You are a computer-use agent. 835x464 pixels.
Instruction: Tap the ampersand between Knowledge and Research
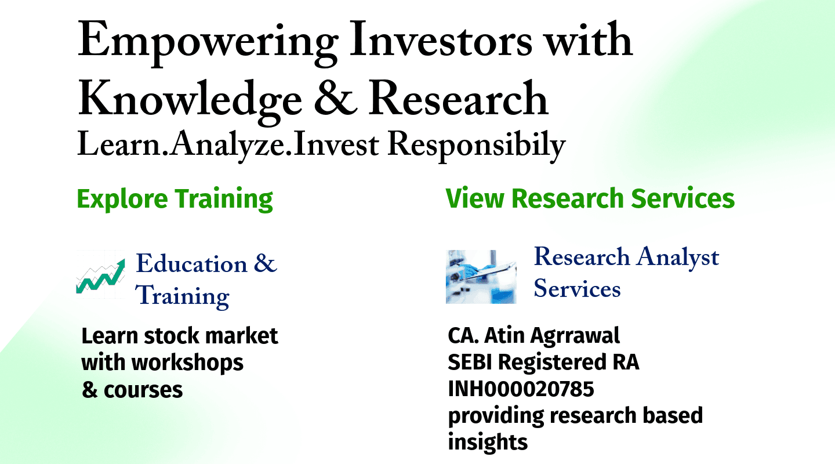[x=335, y=98]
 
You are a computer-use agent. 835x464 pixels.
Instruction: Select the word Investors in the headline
[x=441, y=39]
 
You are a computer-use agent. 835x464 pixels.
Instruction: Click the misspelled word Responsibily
[x=477, y=146]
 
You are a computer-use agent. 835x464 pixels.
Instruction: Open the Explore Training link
[x=175, y=199]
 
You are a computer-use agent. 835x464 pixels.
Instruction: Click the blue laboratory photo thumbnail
[x=481, y=277]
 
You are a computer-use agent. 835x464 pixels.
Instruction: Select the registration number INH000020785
[x=521, y=389]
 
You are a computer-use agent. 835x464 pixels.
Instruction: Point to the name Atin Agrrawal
[x=552, y=336]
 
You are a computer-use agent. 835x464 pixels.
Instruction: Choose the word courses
[x=143, y=390]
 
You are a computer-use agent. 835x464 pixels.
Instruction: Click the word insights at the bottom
[x=488, y=443]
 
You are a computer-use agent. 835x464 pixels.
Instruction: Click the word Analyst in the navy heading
[x=678, y=258]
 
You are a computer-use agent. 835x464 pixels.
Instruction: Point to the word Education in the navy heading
[x=191, y=264]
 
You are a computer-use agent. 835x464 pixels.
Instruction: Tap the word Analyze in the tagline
[x=227, y=146]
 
